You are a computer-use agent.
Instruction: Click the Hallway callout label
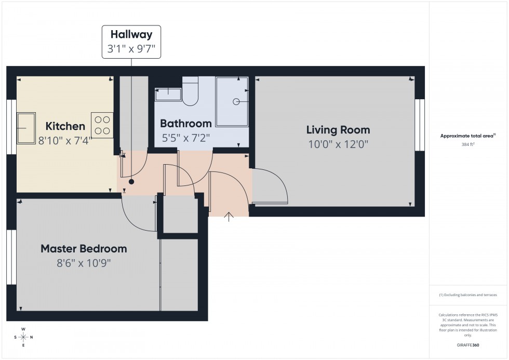pos(131,35)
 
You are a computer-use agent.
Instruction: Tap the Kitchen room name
pos(65,126)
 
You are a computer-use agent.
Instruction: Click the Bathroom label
pos(185,124)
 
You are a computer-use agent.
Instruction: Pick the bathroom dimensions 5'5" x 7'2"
pos(185,139)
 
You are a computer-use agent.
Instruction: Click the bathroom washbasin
pos(168,95)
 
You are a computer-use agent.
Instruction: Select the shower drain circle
pos(236,101)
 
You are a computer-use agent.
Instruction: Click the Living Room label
pos(338,130)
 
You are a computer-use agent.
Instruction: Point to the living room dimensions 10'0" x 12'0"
pos(338,145)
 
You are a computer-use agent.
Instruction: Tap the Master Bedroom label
pos(84,249)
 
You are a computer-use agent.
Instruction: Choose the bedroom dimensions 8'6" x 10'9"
pos(84,263)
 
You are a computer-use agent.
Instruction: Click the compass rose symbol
pos(23,337)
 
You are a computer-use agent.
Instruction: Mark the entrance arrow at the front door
pos(229,217)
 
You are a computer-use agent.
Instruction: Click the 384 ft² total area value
pos(468,144)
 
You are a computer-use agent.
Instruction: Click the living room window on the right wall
pos(420,125)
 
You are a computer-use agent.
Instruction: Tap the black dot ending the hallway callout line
pos(131,182)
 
